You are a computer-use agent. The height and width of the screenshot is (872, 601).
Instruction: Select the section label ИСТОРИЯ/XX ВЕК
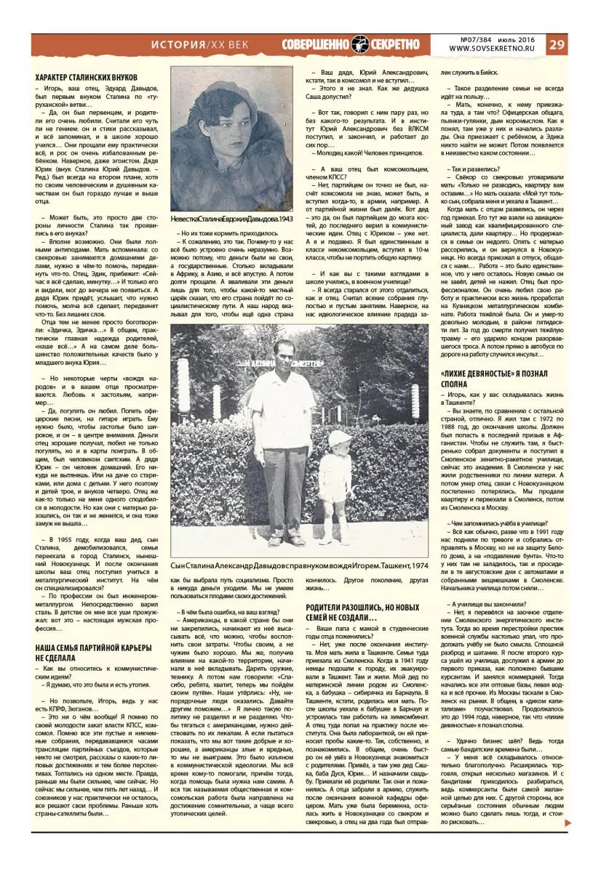point(199,45)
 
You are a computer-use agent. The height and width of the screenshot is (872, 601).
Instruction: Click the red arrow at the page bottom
point(568,843)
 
